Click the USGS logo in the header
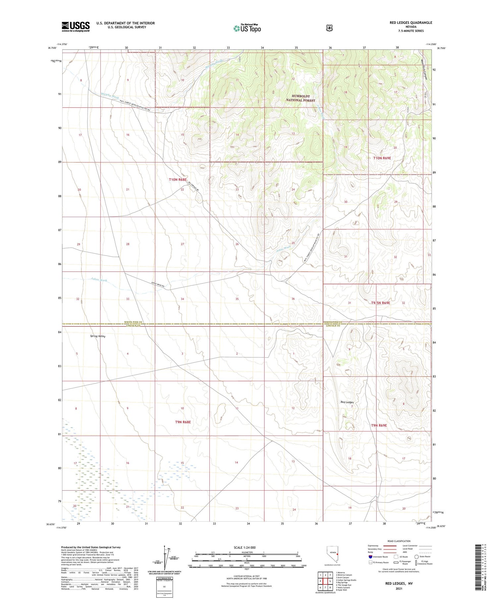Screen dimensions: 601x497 76,27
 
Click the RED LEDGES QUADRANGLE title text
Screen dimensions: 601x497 411,23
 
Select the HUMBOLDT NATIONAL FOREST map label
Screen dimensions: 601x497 301,98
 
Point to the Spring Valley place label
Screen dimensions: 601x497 98,336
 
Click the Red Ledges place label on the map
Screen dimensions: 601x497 347,402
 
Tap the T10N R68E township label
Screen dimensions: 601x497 178,180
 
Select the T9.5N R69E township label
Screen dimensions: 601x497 380,303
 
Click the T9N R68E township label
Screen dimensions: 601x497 183,422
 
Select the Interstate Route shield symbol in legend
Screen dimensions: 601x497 370,557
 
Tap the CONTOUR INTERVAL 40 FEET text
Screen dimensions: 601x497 246,576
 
